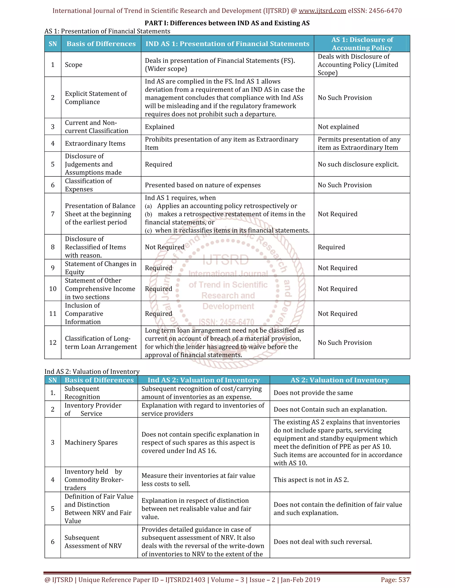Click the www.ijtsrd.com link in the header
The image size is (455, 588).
pos(322,11)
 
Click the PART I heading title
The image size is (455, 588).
pos(227,23)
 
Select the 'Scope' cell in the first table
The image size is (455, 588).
pos(74,65)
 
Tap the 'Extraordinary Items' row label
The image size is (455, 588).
pos(95,144)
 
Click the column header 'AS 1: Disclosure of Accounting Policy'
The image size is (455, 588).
pos(362,44)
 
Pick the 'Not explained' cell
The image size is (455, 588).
pos(338,127)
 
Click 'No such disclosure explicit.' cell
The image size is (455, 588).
pos(358,164)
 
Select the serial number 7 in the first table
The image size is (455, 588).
pos(53,214)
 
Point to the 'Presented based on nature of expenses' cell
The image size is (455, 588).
pos(203,185)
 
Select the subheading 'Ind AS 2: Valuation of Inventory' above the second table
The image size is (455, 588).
pos(92,371)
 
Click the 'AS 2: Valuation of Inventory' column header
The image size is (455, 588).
pos(340,380)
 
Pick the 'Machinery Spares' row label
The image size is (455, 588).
pos(91,443)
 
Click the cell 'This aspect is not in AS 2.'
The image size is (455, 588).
pos(311,480)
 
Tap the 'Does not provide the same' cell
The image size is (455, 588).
pos(313,393)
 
